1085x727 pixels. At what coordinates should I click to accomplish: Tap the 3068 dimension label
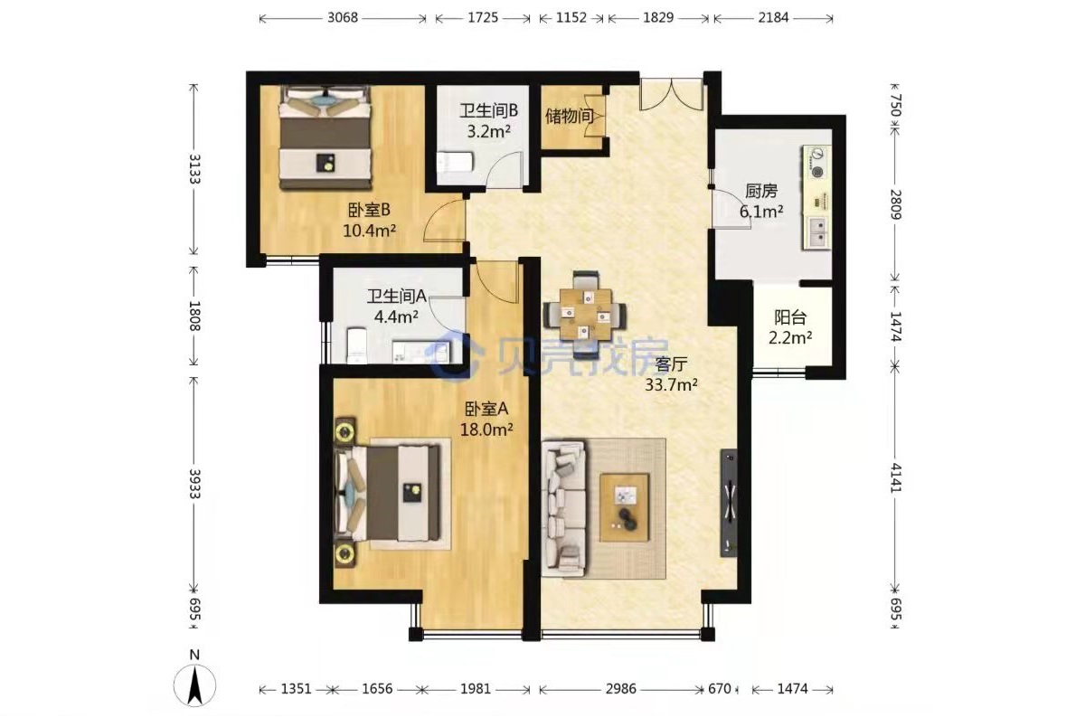pos(343,18)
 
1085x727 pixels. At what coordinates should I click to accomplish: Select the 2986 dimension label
pos(620,688)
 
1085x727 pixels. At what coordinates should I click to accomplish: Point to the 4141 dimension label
pos(896,477)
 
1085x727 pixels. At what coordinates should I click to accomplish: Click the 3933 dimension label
pos(194,484)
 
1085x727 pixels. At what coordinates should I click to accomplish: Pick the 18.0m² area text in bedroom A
pos(486,430)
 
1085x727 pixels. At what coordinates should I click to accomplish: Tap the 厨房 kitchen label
pos(761,192)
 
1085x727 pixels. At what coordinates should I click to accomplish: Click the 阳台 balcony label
pos(790,317)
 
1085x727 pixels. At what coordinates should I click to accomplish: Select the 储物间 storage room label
pos(570,116)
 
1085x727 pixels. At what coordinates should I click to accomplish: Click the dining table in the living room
pos(585,315)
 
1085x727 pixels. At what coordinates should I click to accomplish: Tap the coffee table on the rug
pos(625,507)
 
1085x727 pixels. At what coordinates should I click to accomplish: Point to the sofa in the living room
pos(564,508)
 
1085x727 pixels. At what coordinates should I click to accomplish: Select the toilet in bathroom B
pos(454,162)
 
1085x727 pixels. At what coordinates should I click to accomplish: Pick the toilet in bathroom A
pos(357,345)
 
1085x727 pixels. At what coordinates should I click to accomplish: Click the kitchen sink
pos(817,233)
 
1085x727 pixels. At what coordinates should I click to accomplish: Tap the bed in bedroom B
pos(325,138)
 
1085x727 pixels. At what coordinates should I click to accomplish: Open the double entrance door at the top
pos(671,94)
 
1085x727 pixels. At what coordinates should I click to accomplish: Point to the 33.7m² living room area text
pos(671,385)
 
